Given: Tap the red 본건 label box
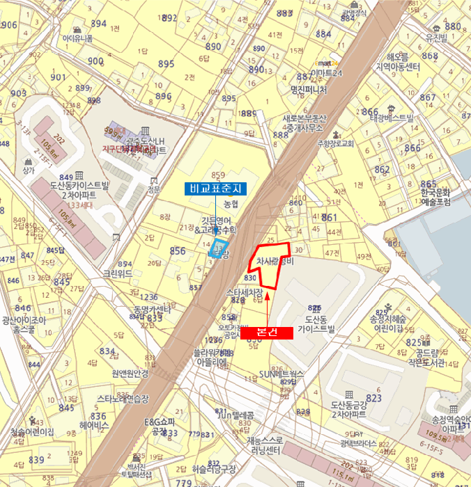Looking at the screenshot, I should point(267,333).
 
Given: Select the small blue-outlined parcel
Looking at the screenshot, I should point(219,250).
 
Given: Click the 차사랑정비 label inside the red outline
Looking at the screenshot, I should point(277,262).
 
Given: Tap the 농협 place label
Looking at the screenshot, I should point(231,204).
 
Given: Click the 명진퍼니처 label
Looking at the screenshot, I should point(308,90).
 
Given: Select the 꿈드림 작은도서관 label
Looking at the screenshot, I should point(425,357).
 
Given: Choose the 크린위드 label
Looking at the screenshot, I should point(116,274).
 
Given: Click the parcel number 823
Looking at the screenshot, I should point(374,398).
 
